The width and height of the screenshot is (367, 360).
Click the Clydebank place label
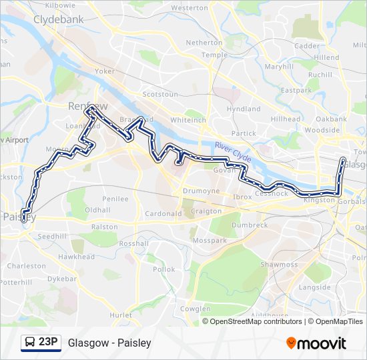(x=59, y=20)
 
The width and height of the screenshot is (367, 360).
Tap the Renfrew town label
(x=83, y=106)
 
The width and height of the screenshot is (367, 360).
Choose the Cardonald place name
(x=163, y=213)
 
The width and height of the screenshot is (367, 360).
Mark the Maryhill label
(x=278, y=67)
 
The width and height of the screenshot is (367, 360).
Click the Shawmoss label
(x=279, y=265)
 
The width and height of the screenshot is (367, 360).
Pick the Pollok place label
(x=163, y=269)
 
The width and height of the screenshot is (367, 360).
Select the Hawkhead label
(x=77, y=256)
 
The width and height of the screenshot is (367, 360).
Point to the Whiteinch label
(x=188, y=120)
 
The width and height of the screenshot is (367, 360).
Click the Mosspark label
(x=206, y=240)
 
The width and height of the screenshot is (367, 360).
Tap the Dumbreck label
(x=250, y=225)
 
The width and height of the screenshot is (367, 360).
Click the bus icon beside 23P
(x=29, y=343)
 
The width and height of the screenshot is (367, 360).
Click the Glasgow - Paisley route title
(x=109, y=343)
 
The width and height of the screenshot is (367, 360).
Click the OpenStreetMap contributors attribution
(x=256, y=321)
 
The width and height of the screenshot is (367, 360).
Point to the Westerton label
(x=190, y=8)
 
